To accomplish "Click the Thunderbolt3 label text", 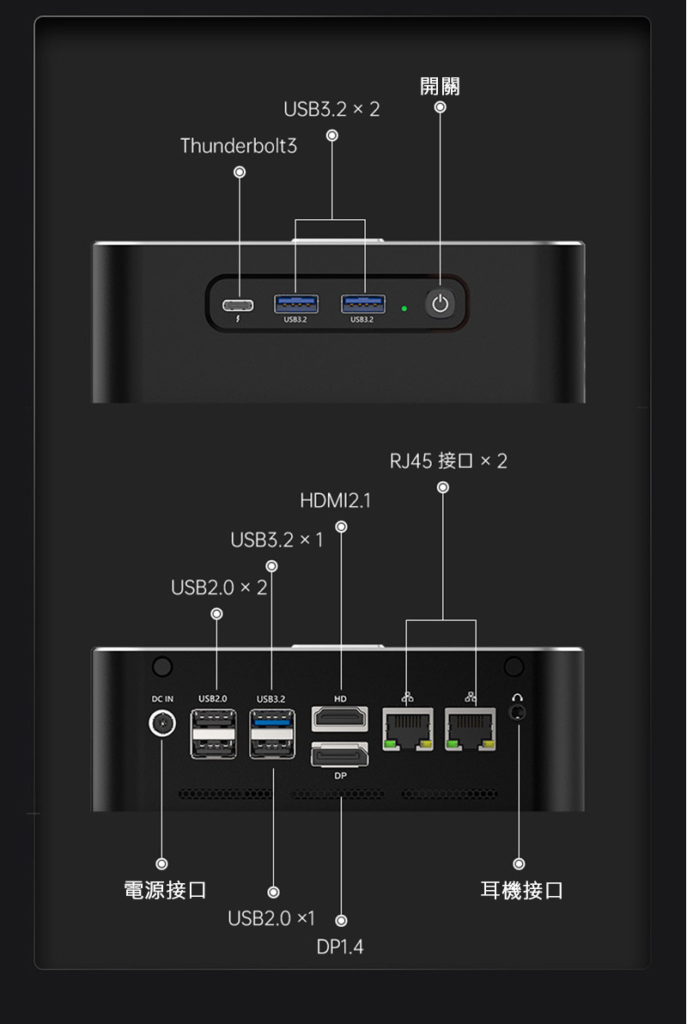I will coord(238,146).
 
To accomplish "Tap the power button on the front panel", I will coord(441,303).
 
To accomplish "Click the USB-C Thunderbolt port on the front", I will coord(239,304).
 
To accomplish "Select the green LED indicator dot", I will coord(404,305).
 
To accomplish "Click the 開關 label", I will coord(440,86).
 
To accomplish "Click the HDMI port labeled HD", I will coord(340,717).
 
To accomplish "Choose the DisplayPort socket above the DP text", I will coord(340,755).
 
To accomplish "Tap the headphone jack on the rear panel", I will coord(517,712).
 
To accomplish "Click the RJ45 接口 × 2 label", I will coord(448,461).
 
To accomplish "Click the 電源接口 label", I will coord(165,890).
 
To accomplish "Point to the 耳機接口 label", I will coord(521,890).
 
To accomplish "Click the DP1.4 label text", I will coord(340,947).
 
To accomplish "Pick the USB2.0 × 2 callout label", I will coord(219,588).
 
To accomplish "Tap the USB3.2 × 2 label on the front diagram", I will coord(331,110).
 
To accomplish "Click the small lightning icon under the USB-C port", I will coord(239,320).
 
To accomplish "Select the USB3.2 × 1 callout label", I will coord(277,540).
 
